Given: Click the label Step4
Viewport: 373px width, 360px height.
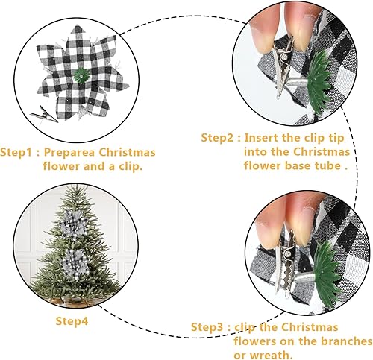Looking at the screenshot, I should coord(73,320).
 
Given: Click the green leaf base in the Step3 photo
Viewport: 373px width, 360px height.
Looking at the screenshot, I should coord(327,267).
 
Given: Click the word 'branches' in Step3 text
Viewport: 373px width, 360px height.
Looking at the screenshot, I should coord(348,341).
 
